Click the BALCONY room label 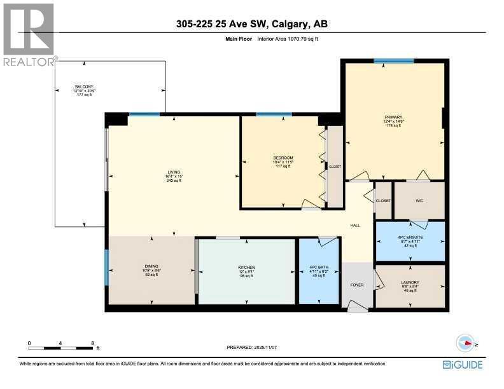(84, 86)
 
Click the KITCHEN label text (246, 267)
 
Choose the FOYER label (357, 285)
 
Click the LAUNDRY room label (410, 282)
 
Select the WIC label (419, 200)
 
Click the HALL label (356, 225)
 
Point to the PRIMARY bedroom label (393, 117)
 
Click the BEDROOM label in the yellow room (283, 158)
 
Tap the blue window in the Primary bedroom (393, 61)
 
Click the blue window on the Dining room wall (107, 267)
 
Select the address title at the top (252, 25)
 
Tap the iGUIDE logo (463, 364)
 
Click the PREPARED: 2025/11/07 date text (253, 347)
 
